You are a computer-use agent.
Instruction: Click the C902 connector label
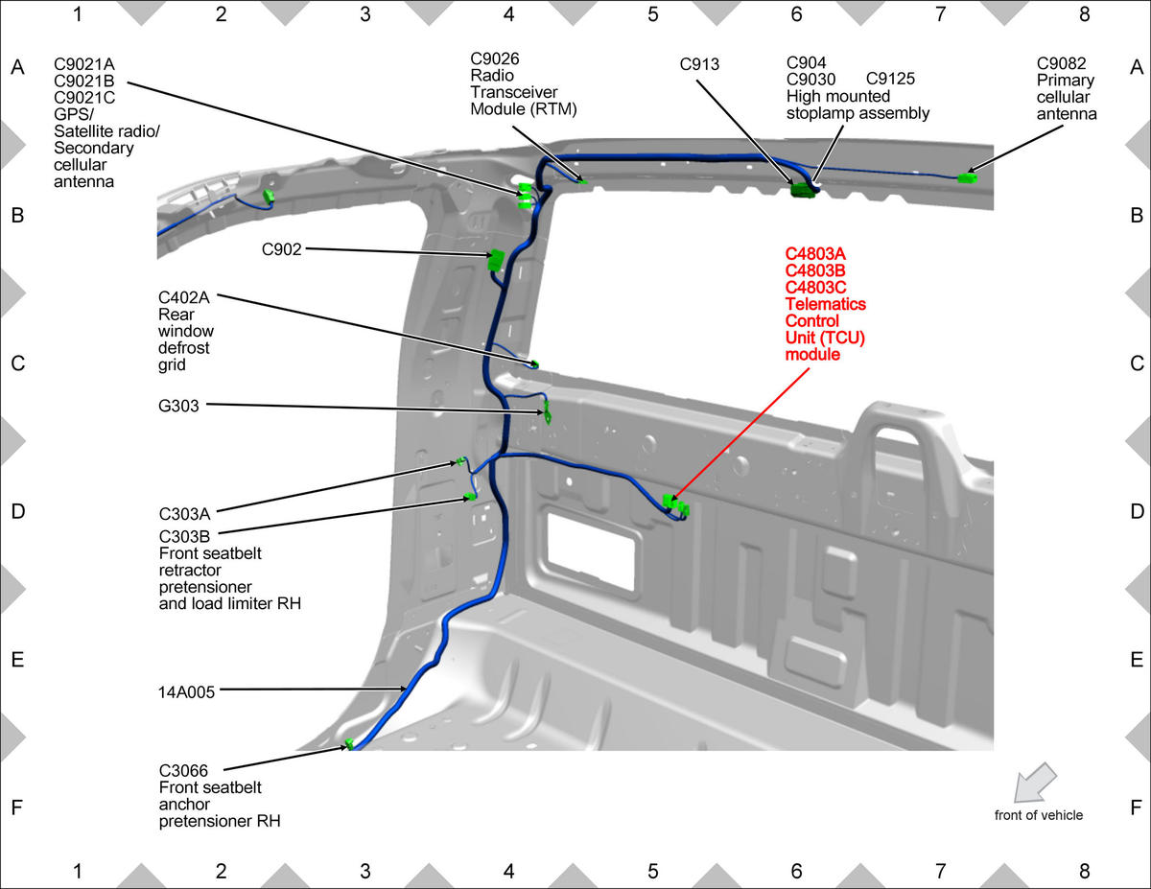pyautogui.click(x=281, y=249)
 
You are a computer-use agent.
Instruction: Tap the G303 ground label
pyautogui.click(x=178, y=406)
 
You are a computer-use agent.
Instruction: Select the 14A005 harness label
pyautogui.click(x=186, y=692)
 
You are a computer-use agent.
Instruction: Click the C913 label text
pyautogui.click(x=699, y=64)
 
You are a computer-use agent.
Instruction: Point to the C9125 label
pyautogui.click(x=890, y=79)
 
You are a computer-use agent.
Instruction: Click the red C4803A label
pyautogui.click(x=815, y=254)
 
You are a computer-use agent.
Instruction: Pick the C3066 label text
pyautogui.click(x=183, y=770)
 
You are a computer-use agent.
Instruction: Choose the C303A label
pyautogui.click(x=184, y=514)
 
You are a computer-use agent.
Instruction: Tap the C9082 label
pyautogui.click(x=1061, y=63)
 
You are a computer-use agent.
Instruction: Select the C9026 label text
pyautogui.click(x=495, y=58)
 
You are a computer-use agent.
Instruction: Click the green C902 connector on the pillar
pyautogui.click(x=496, y=260)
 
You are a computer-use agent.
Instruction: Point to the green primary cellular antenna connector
pyautogui.click(x=968, y=178)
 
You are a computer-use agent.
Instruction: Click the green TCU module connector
pyautogui.click(x=676, y=504)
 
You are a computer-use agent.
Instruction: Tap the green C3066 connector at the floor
pyautogui.click(x=349, y=744)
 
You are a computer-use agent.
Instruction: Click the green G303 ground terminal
pyautogui.click(x=547, y=413)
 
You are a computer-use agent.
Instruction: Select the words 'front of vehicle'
pyautogui.click(x=1038, y=815)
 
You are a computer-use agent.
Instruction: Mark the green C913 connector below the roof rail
pyautogui.click(x=803, y=190)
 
